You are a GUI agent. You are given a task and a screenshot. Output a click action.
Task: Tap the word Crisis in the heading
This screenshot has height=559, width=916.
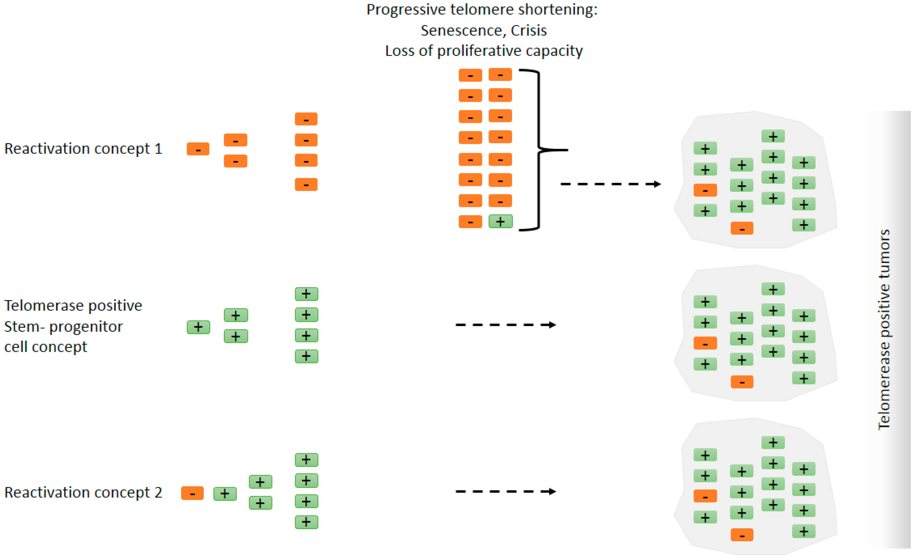(528, 30)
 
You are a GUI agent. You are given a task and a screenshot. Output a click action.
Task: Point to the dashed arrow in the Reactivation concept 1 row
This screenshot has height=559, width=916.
(610, 184)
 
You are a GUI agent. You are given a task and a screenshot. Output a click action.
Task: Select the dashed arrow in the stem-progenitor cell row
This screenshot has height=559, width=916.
(505, 325)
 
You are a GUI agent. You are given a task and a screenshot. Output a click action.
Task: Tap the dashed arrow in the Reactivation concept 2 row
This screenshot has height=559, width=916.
(505, 491)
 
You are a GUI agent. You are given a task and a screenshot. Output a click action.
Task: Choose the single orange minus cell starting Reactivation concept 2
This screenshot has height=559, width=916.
(192, 493)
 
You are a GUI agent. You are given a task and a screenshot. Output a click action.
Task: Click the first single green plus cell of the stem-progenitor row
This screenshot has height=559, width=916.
(198, 327)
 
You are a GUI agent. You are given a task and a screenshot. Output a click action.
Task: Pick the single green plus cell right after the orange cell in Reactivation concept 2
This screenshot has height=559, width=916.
(225, 494)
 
